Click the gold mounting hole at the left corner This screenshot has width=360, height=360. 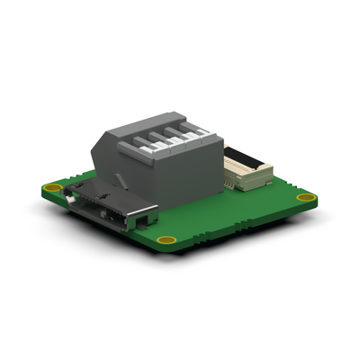(x=54, y=189)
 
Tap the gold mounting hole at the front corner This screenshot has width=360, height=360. (x=165, y=239)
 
